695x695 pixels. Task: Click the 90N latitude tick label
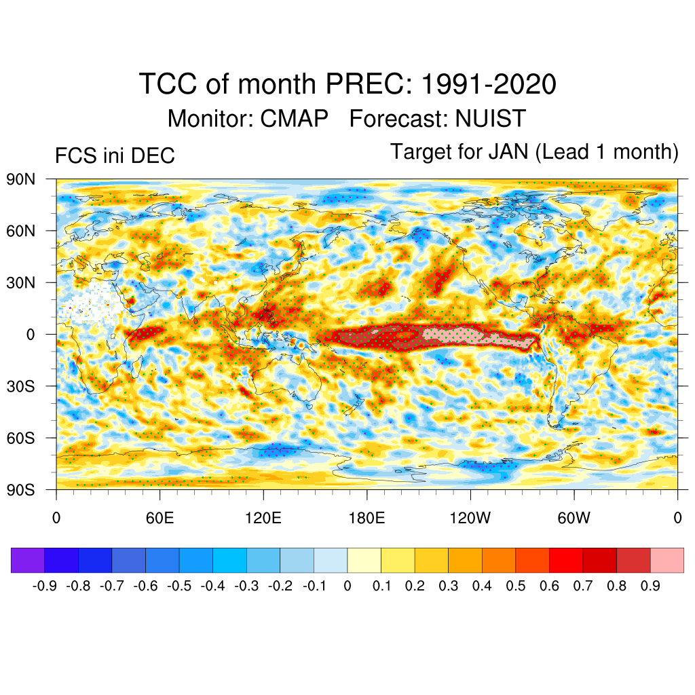coord(20,180)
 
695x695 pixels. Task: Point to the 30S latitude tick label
coord(20,386)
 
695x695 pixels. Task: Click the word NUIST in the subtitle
coord(491,119)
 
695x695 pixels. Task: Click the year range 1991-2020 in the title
coord(489,85)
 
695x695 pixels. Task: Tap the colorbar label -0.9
coord(44,586)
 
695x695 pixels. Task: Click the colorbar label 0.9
coord(650,586)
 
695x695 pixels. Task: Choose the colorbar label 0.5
coord(516,586)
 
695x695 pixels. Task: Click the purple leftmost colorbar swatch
coord(28,561)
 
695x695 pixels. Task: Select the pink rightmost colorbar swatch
coord(666,561)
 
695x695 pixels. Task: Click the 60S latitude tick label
coord(20,438)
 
